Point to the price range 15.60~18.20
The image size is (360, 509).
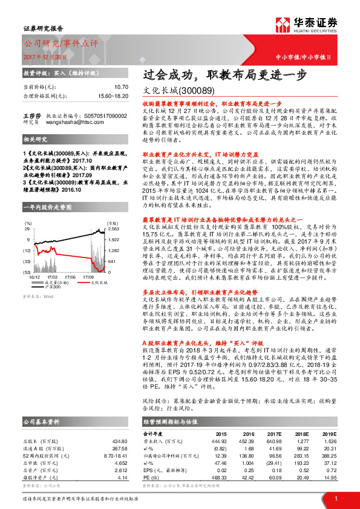pos(114,96)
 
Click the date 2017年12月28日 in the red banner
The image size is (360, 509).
pos(45,57)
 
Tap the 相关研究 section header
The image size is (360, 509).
pos(35,138)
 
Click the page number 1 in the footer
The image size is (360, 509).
pos(335,498)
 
